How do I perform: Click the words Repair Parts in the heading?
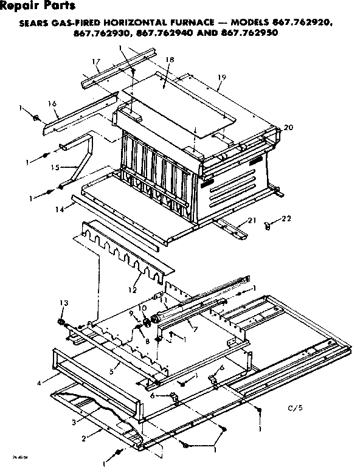click(38, 7)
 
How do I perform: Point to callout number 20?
click(288, 127)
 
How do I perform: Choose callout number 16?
click(52, 104)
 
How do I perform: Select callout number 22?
click(288, 218)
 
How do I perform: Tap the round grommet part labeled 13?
click(62, 322)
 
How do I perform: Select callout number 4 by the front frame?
click(40, 382)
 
